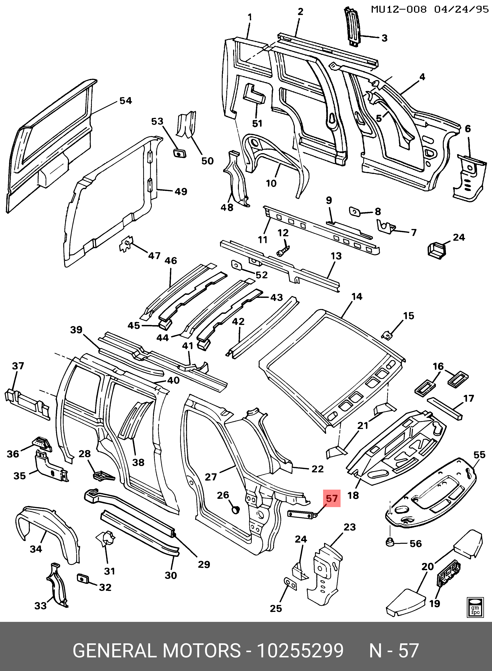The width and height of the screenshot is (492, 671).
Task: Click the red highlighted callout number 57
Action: tap(332, 498)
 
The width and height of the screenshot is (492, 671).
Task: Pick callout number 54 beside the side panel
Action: tap(125, 101)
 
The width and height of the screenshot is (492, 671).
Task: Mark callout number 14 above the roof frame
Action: tap(357, 297)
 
